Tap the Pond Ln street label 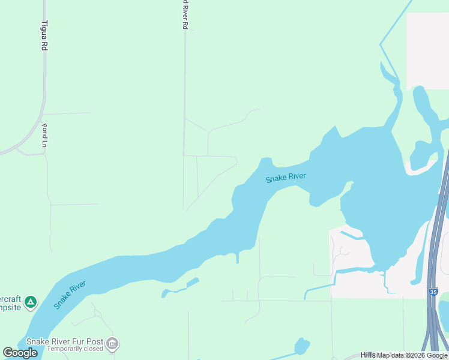click(x=44, y=135)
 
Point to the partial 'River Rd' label click(x=185, y=15)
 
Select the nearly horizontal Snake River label click(x=286, y=178)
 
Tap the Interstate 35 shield click(x=433, y=292)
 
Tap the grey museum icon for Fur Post click(x=112, y=344)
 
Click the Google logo click(x=20, y=353)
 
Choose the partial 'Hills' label click(x=368, y=355)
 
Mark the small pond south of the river click(x=301, y=346)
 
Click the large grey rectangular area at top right click(x=427, y=51)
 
